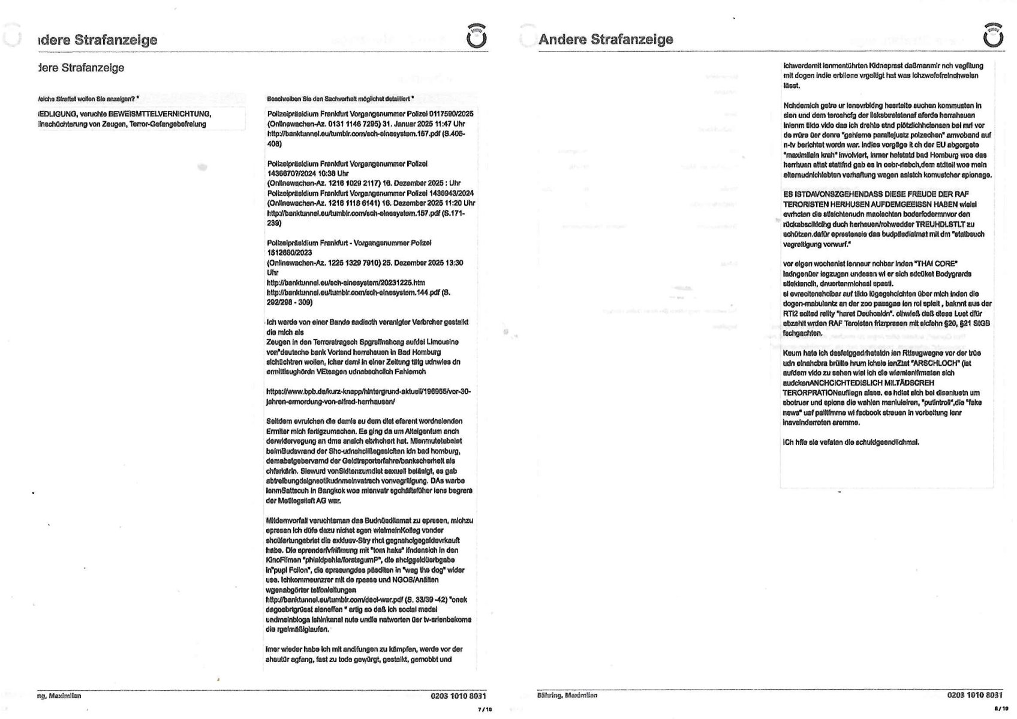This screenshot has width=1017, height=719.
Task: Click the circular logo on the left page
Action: pyautogui.click(x=476, y=37)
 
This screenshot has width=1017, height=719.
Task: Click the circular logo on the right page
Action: pyautogui.click(x=993, y=37)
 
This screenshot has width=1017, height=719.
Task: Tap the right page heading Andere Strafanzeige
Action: pyautogui.click(x=606, y=40)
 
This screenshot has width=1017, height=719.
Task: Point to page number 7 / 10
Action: pyautogui.click(x=485, y=709)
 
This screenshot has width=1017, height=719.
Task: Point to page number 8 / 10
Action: pyautogui.click(x=1001, y=709)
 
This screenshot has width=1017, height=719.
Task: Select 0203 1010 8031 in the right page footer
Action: pyautogui.click(x=974, y=695)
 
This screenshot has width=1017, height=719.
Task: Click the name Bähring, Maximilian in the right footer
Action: pyautogui.click(x=567, y=696)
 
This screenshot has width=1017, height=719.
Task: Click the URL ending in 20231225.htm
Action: pyautogui.click(x=346, y=282)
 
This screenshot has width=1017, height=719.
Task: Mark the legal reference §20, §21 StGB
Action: pyautogui.click(x=964, y=323)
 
